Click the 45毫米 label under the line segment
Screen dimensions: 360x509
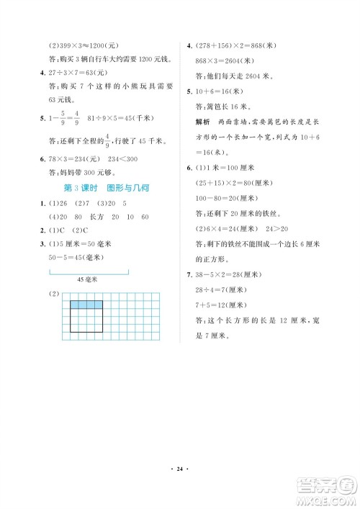tap(89, 279)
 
